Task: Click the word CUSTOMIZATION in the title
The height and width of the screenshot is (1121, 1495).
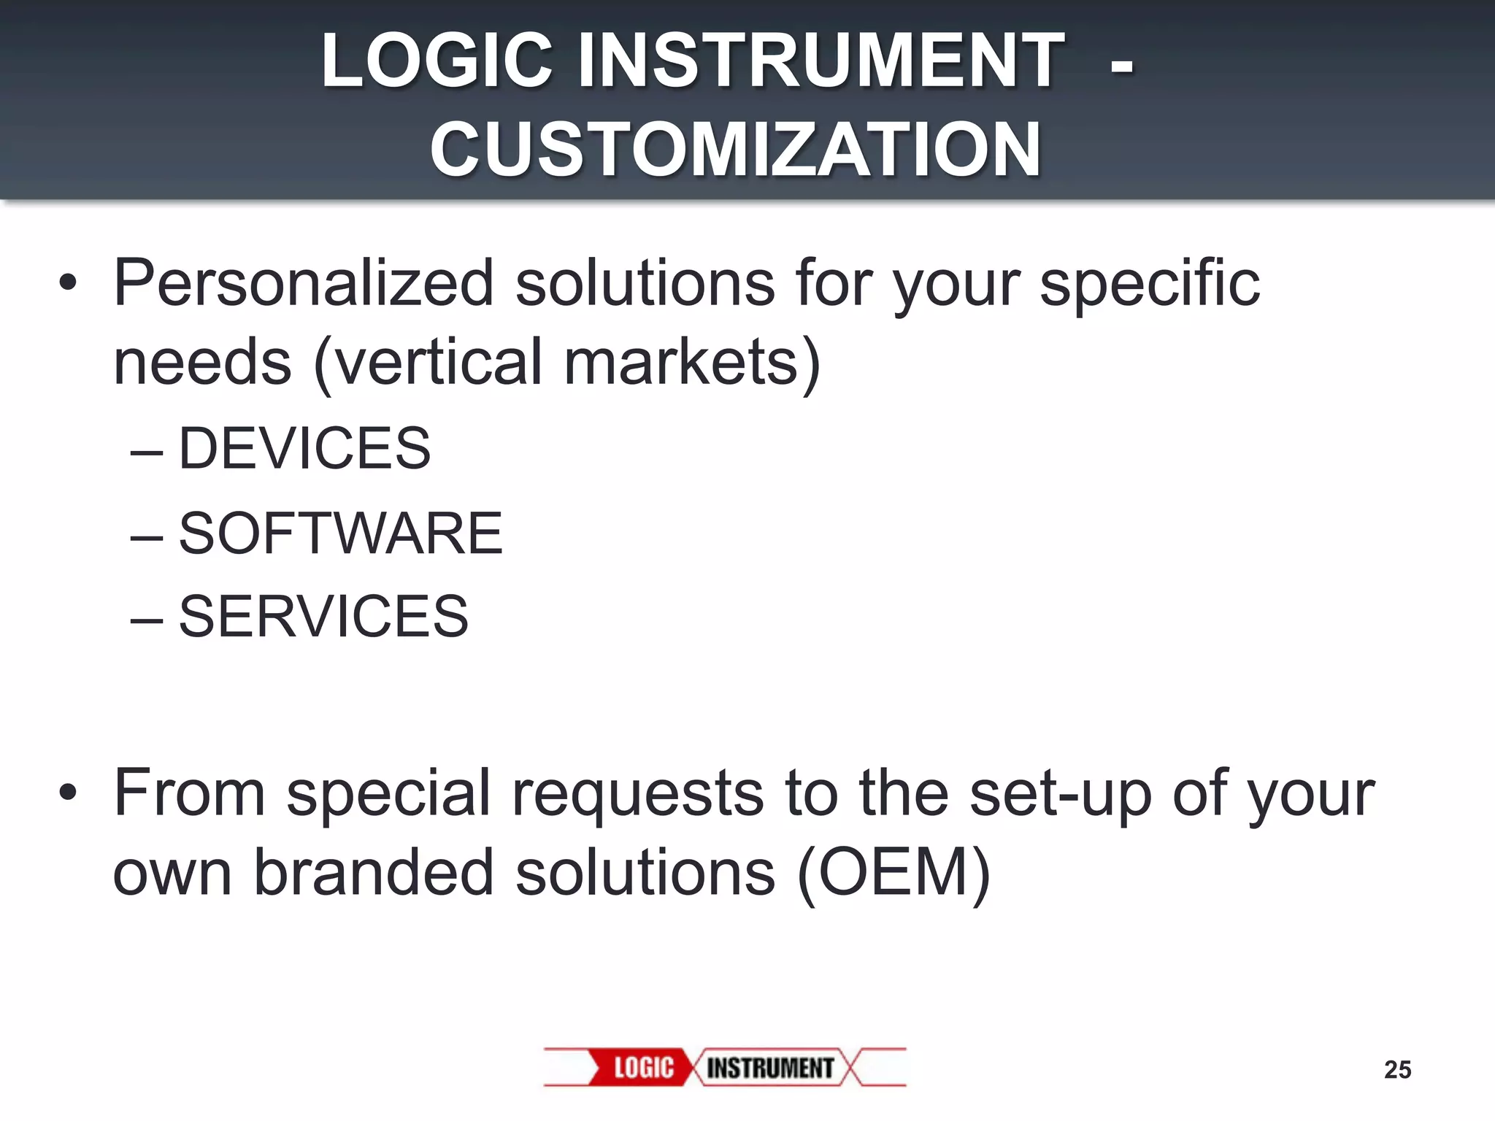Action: pyautogui.click(x=735, y=150)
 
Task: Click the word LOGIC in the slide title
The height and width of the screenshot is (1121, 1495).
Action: pyautogui.click(x=437, y=61)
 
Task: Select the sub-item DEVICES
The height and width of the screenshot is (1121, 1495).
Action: pyautogui.click(x=304, y=448)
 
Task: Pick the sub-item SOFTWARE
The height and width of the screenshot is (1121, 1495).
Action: pyautogui.click(x=340, y=533)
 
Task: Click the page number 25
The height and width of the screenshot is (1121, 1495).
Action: pyautogui.click(x=1397, y=1070)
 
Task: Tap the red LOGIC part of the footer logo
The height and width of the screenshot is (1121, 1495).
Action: pyautogui.click(x=642, y=1068)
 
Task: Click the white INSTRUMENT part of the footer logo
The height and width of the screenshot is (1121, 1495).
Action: pyautogui.click(x=770, y=1068)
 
